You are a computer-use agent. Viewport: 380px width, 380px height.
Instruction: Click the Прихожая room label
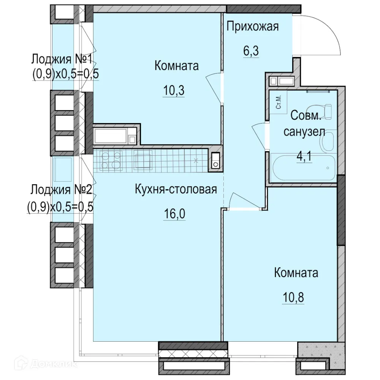click(253, 27)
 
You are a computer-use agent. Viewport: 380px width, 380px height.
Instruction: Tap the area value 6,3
click(251, 51)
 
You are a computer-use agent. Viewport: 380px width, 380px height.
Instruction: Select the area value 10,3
click(174, 91)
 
